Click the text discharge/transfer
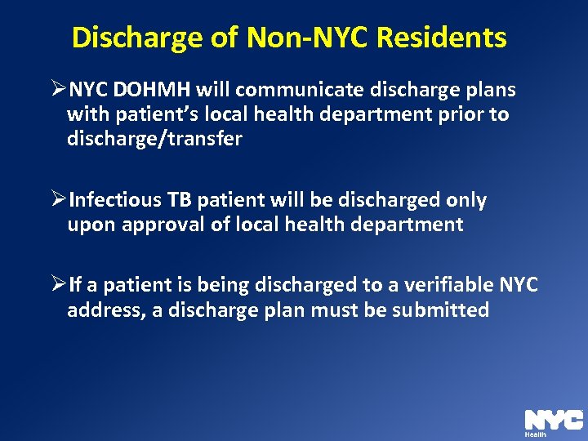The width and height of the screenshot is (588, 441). tap(154, 139)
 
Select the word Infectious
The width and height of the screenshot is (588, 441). tap(115, 200)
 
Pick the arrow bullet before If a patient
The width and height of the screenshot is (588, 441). tap(57, 285)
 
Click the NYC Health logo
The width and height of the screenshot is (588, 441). tap(553, 421)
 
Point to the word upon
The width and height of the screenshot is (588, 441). tap(91, 225)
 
